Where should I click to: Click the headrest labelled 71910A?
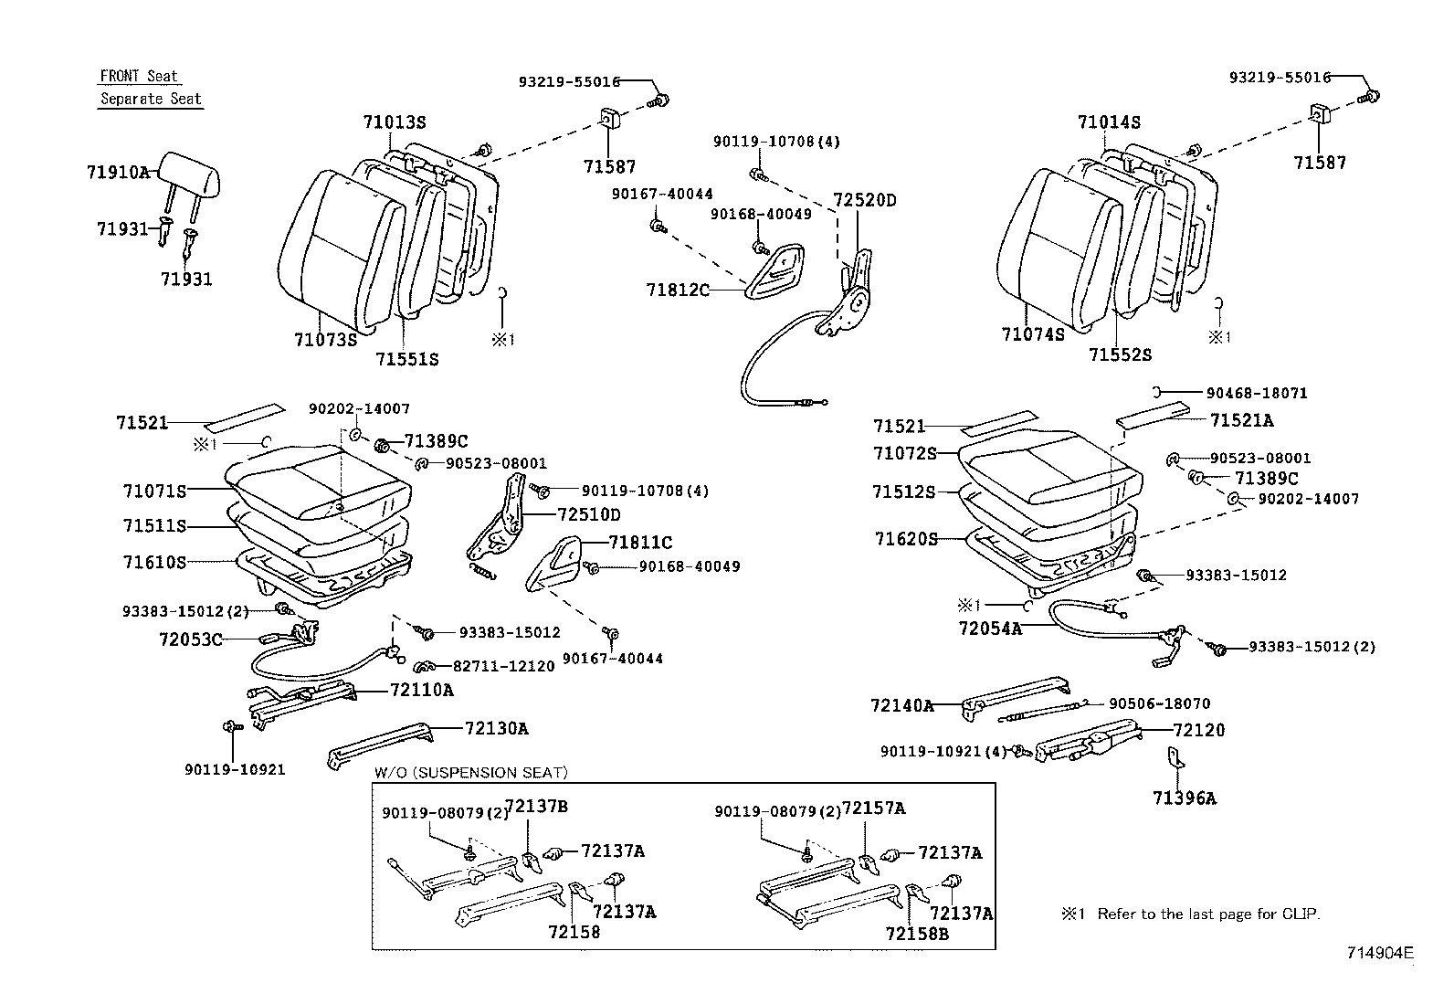191,174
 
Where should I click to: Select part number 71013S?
394,122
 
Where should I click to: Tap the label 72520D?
864,200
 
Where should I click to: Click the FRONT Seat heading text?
139,77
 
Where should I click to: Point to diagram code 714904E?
1380,953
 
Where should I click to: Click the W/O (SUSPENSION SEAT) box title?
470,773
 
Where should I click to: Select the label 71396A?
1184,798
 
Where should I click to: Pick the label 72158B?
917,933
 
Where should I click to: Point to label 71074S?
1032,335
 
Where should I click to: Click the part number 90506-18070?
1159,704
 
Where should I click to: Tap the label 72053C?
190,639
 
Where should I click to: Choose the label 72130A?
496,728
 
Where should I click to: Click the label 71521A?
1241,420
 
